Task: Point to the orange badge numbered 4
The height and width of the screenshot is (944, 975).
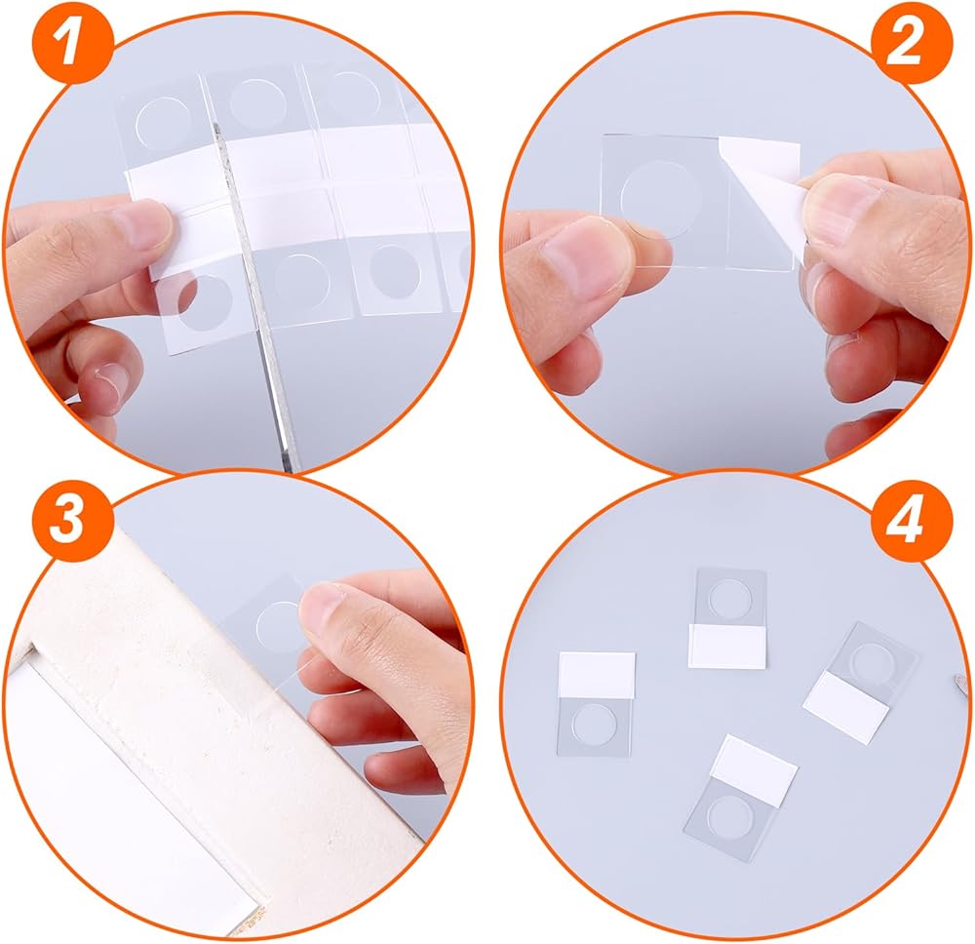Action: [x=911, y=520]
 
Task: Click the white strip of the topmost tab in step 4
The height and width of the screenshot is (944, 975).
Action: [x=727, y=647]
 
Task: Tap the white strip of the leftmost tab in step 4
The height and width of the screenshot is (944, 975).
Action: [x=597, y=674]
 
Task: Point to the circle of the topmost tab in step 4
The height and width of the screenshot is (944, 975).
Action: [x=727, y=598]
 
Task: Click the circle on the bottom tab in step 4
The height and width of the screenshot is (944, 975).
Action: [x=728, y=814]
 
